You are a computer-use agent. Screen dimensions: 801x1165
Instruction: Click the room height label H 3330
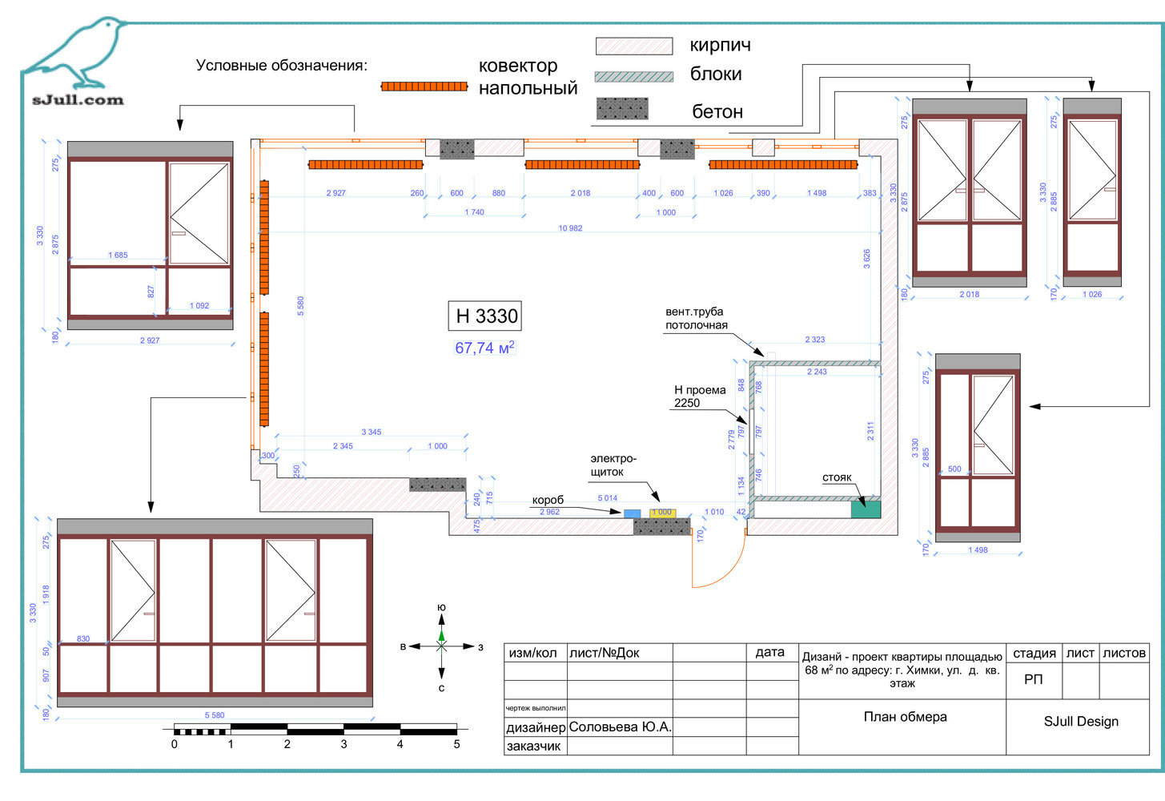486,316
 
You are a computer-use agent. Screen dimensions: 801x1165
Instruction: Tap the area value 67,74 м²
484,348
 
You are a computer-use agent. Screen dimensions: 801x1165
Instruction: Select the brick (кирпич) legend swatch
633,46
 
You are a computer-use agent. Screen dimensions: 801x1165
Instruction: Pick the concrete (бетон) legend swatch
621,109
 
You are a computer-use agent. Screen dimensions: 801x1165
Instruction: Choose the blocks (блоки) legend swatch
633,76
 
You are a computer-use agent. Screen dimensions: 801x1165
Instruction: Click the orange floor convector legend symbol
424,86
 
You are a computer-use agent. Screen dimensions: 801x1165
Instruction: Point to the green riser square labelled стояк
866,508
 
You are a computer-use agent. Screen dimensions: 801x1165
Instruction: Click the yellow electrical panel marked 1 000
663,513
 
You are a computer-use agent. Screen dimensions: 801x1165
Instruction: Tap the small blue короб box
632,513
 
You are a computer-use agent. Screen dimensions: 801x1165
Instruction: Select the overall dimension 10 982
570,228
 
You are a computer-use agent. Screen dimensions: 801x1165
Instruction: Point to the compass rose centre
441,646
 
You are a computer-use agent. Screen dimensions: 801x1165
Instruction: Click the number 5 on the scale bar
456,744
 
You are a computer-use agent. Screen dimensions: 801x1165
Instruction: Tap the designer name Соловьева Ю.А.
620,727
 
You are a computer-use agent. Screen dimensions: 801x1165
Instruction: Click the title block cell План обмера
904,717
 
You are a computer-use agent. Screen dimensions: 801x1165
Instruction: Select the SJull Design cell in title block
1080,721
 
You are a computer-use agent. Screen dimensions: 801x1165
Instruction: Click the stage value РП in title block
1033,679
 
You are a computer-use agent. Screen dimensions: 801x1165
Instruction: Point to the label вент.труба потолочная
696,318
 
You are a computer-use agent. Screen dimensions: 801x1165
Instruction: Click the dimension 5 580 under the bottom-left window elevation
215,715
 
